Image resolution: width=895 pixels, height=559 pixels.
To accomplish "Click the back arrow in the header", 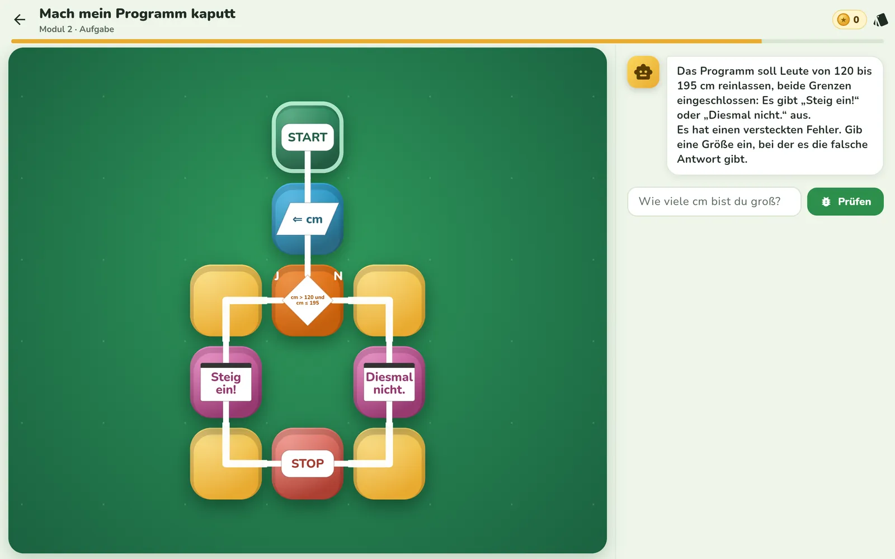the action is click(x=19, y=19).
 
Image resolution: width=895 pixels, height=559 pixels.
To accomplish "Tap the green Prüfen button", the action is click(x=845, y=202).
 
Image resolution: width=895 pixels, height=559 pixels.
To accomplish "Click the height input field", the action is click(x=714, y=202).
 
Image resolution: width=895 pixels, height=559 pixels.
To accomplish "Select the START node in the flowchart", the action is click(x=307, y=137).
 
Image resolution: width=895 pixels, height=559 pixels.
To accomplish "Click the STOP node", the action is click(x=307, y=463).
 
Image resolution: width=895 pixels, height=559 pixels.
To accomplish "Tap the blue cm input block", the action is click(x=307, y=219).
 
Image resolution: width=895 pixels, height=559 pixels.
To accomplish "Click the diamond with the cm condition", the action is click(x=307, y=300).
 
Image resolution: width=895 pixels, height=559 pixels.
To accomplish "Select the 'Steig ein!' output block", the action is click(x=226, y=382).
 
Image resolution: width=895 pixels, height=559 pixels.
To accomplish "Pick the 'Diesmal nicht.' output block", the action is click(x=389, y=382).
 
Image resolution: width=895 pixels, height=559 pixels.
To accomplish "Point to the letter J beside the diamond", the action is click(x=276, y=276).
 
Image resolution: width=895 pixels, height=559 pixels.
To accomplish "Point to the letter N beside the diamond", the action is click(x=338, y=276).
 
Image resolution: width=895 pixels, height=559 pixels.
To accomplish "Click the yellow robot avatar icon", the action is click(x=643, y=72).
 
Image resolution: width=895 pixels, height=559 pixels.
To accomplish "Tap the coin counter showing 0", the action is click(x=850, y=20).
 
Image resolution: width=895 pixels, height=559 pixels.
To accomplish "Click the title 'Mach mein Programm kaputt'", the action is click(x=138, y=13).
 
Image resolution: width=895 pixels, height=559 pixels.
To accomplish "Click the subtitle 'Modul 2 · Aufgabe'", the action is click(x=77, y=29).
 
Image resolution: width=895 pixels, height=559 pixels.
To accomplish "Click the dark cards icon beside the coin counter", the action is click(x=880, y=20).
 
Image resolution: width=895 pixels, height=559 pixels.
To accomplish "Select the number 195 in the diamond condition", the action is click(x=314, y=303).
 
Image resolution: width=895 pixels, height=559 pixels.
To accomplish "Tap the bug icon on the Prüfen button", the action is click(x=826, y=202).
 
